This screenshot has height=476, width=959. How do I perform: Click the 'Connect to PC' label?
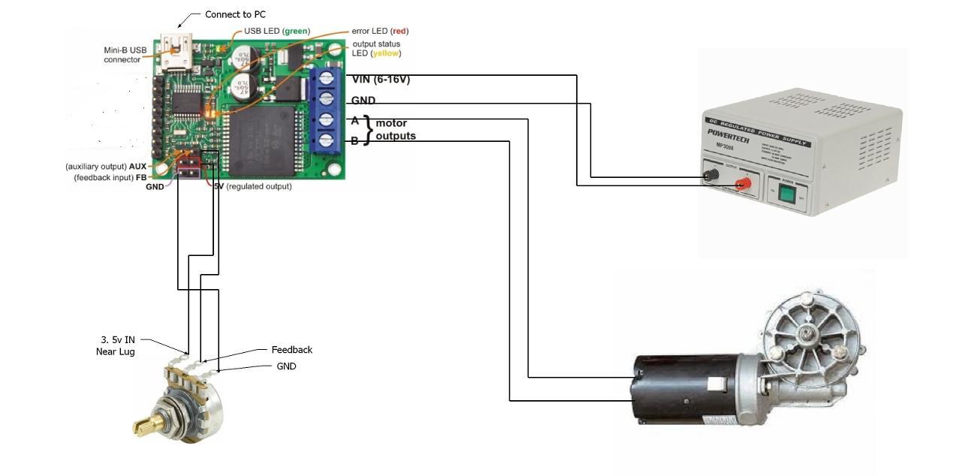[235, 14]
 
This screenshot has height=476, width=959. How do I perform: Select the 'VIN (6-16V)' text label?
[381, 79]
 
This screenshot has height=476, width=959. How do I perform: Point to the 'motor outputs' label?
[395, 129]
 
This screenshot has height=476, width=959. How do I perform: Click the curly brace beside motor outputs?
[368, 129]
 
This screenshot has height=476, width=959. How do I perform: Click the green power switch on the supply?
[786, 195]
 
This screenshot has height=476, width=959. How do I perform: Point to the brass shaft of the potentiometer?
[144, 427]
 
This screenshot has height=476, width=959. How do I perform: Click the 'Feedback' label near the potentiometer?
[291, 350]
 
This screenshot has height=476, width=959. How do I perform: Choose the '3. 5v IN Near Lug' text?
[116, 345]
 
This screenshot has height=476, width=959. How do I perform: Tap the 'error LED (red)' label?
[380, 31]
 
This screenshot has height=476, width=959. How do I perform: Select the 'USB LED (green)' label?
[276, 31]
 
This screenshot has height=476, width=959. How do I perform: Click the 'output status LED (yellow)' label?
[377, 49]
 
